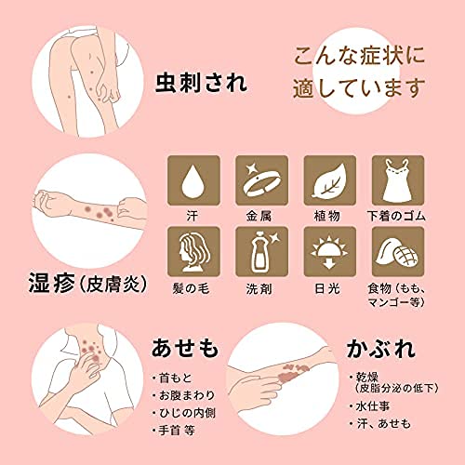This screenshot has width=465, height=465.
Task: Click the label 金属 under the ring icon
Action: pyautogui.click(x=261, y=216)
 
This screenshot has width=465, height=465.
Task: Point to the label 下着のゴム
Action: pyautogui.click(x=398, y=216)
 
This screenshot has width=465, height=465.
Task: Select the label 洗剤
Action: pyautogui.click(x=261, y=287)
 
